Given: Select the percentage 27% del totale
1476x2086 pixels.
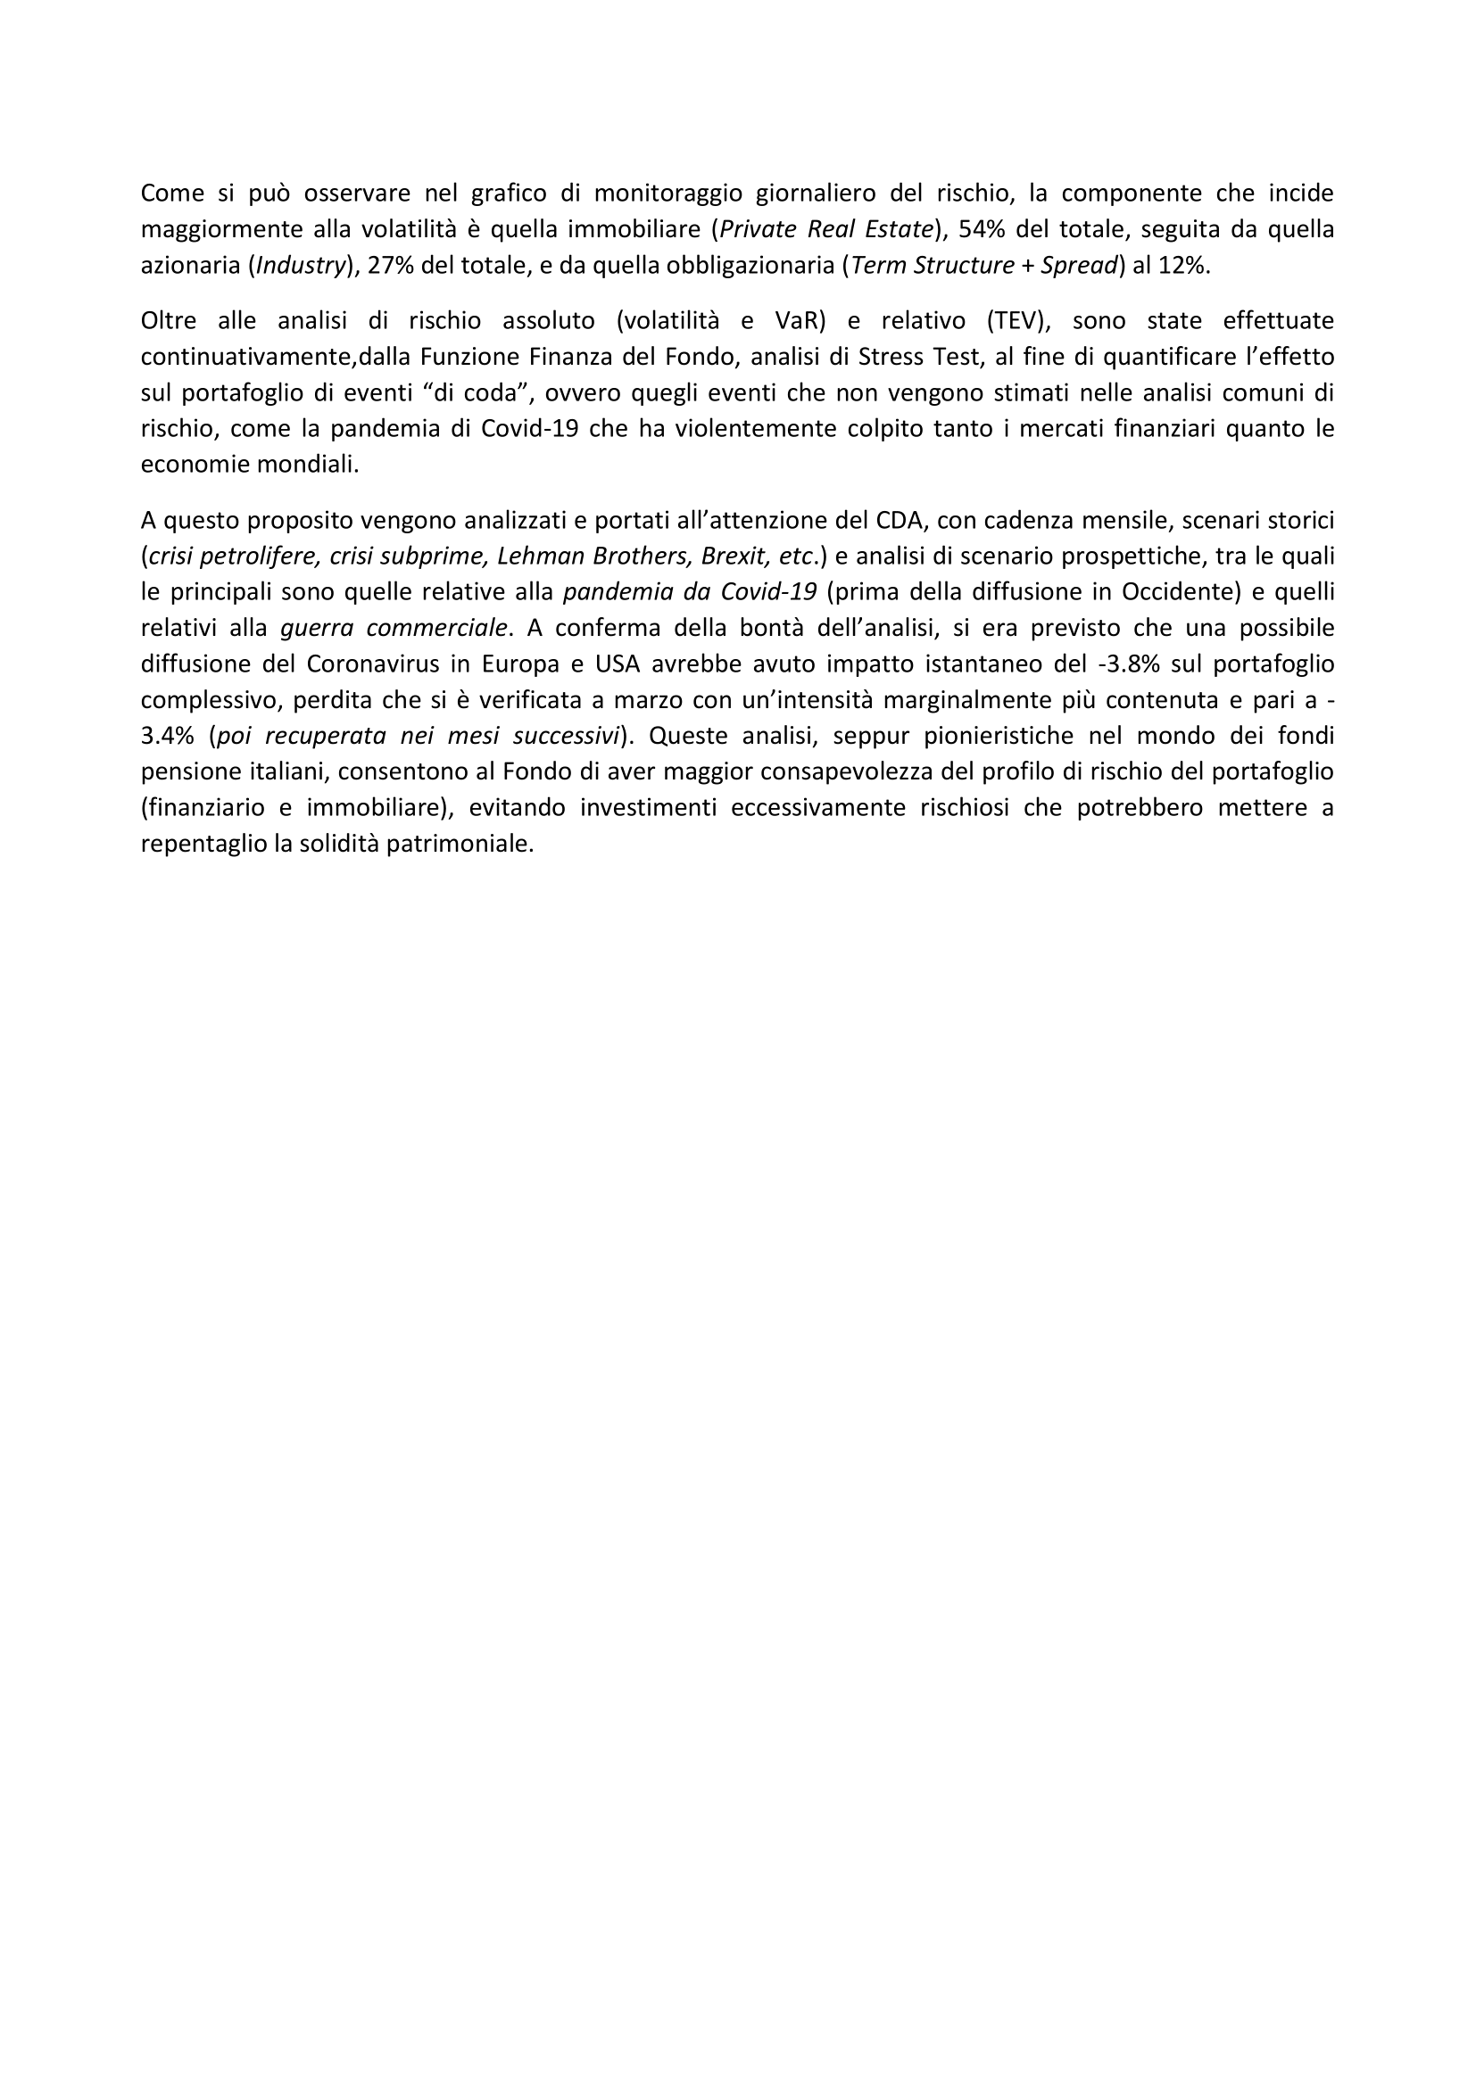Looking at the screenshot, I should (x=388, y=265).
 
